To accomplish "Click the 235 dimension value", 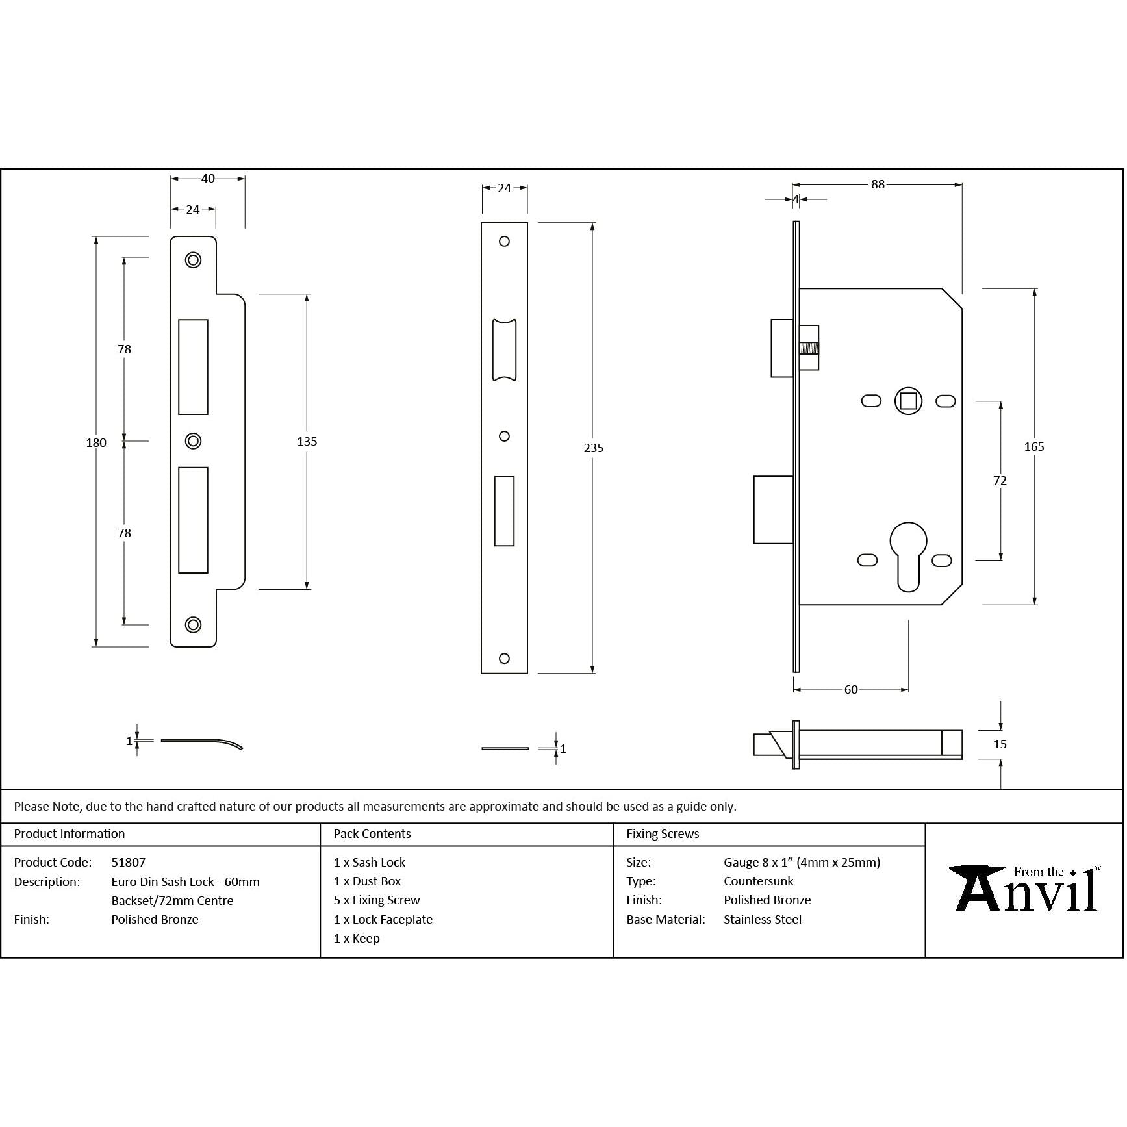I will pyautogui.click(x=593, y=448).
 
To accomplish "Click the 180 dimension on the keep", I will pyautogui.click(x=96, y=442).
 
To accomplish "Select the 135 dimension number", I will pyautogui.click(x=307, y=441).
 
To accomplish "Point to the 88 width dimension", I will pyautogui.click(x=877, y=184).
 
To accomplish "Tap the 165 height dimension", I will pyautogui.click(x=1033, y=446).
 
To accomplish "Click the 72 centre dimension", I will pyautogui.click(x=1000, y=480).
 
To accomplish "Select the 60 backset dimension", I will pyautogui.click(x=850, y=689).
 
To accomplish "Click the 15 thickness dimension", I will pyautogui.click(x=1000, y=744).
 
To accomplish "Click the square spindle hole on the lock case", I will pyautogui.click(x=908, y=401).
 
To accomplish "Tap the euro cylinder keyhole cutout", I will pyautogui.click(x=907, y=556).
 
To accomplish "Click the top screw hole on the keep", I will pyautogui.click(x=193, y=260).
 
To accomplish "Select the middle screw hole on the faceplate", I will pyautogui.click(x=504, y=437).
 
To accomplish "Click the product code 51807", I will pyautogui.click(x=128, y=862).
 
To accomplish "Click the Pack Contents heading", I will pyautogui.click(x=372, y=833).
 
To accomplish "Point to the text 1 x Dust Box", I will pyautogui.click(x=367, y=881).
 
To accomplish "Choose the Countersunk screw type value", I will pyautogui.click(x=758, y=881).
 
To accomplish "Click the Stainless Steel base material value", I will pyautogui.click(x=762, y=919).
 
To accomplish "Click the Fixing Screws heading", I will pyautogui.click(x=663, y=833).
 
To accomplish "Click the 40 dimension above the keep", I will pyautogui.click(x=208, y=178).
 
